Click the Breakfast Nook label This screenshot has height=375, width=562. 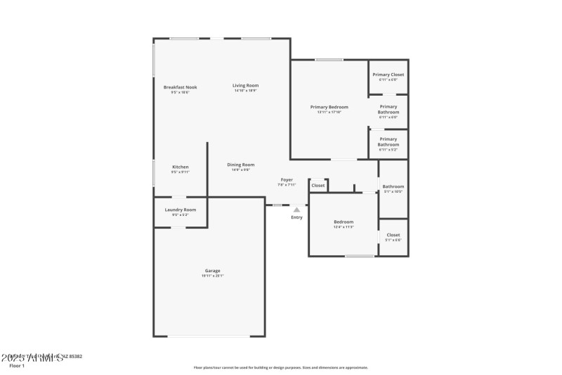coord(180,87)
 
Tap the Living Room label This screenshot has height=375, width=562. coord(246,86)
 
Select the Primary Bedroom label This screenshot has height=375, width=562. coord(329,107)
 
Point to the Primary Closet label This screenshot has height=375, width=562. coord(388,75)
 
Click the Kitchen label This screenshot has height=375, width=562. coord(181,167)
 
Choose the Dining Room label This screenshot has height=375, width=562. coord(240,165)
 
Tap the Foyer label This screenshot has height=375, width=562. coord(287,179)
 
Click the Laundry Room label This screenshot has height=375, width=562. coord(181,210)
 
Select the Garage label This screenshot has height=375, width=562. coord(213,271)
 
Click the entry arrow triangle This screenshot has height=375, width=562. coord(297,209)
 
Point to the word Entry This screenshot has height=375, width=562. coord(297,217)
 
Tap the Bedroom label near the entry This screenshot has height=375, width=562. coord(344,222)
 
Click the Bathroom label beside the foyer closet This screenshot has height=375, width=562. coord(393,186)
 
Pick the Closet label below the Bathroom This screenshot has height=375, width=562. coord(393,235)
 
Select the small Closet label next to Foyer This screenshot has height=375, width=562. coord(318,186)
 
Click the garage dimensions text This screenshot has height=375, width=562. coord(213,276)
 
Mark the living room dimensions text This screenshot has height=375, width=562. coord(246,91)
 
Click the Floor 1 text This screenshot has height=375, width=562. coord(16,366)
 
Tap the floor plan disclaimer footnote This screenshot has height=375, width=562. coord(281,367)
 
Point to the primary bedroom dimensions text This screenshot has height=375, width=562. coord(329,112)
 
